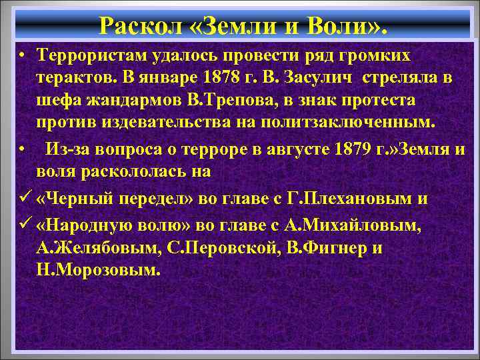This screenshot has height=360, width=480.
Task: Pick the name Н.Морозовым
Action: [x=99, y=271]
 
